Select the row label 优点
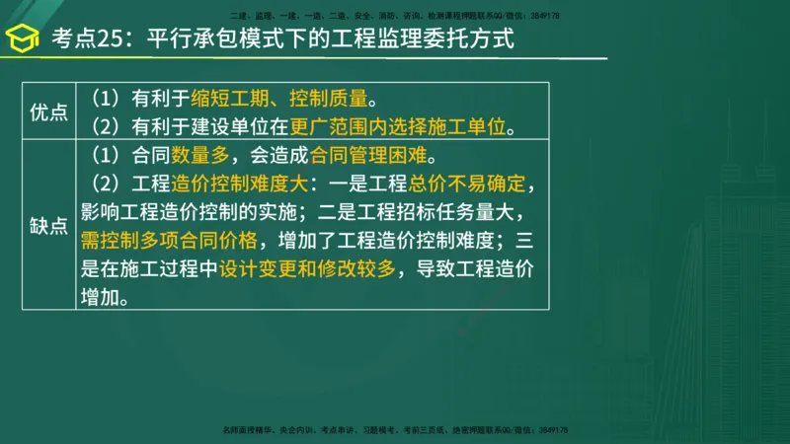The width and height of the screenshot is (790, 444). point(48,111)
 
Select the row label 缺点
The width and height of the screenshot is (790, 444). point(48,226)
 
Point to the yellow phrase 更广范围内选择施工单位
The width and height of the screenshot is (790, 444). point(403,127)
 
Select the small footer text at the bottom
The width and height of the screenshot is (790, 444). point(396,431)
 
